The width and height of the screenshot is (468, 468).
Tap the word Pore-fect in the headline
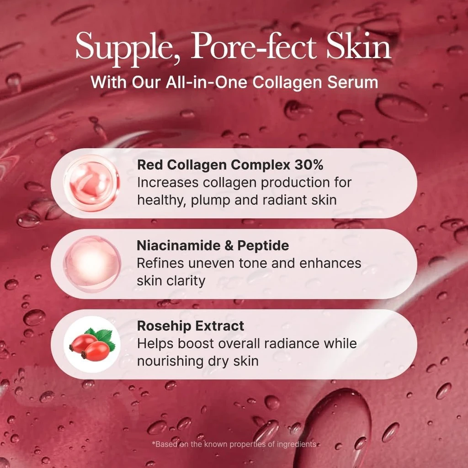point(253,46)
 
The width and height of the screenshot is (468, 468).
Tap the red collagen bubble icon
point(91,183)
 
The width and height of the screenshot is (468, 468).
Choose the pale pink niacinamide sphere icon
point(92,264)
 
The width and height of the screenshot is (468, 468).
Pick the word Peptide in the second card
point(263,245)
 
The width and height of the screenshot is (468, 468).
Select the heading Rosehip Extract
point(191,326)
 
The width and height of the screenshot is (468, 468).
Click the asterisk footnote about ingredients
point(234,444)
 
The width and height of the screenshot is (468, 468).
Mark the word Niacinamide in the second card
point(178,245)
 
